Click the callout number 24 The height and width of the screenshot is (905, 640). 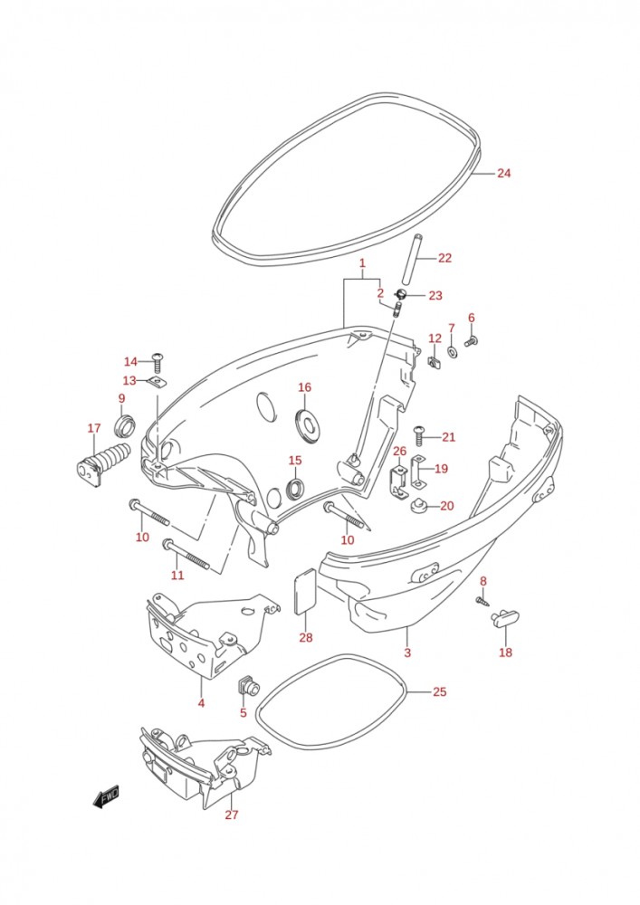click(504, 173)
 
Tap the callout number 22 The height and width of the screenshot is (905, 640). click(444, 258)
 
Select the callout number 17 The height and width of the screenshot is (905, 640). click(94, 428)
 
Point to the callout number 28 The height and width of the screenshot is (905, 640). click(305, 638)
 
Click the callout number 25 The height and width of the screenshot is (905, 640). click(439, 692)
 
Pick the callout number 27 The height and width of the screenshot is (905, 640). click(231, 814)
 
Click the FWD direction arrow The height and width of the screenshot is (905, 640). click(106, 797)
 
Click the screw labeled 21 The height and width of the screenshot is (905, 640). click(418, 436)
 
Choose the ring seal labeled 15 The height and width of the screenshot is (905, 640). click(295, 489)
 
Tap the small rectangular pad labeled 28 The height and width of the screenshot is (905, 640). click(306, 590)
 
